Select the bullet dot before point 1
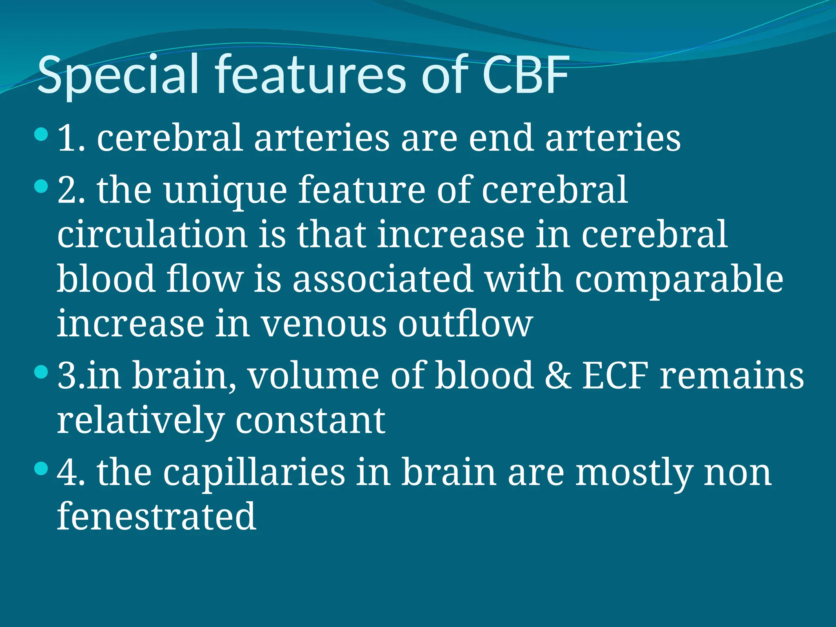[41, 134]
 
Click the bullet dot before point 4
[41, 468]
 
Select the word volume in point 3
[314, 375]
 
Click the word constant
[310, 420]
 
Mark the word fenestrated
[157, 517]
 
